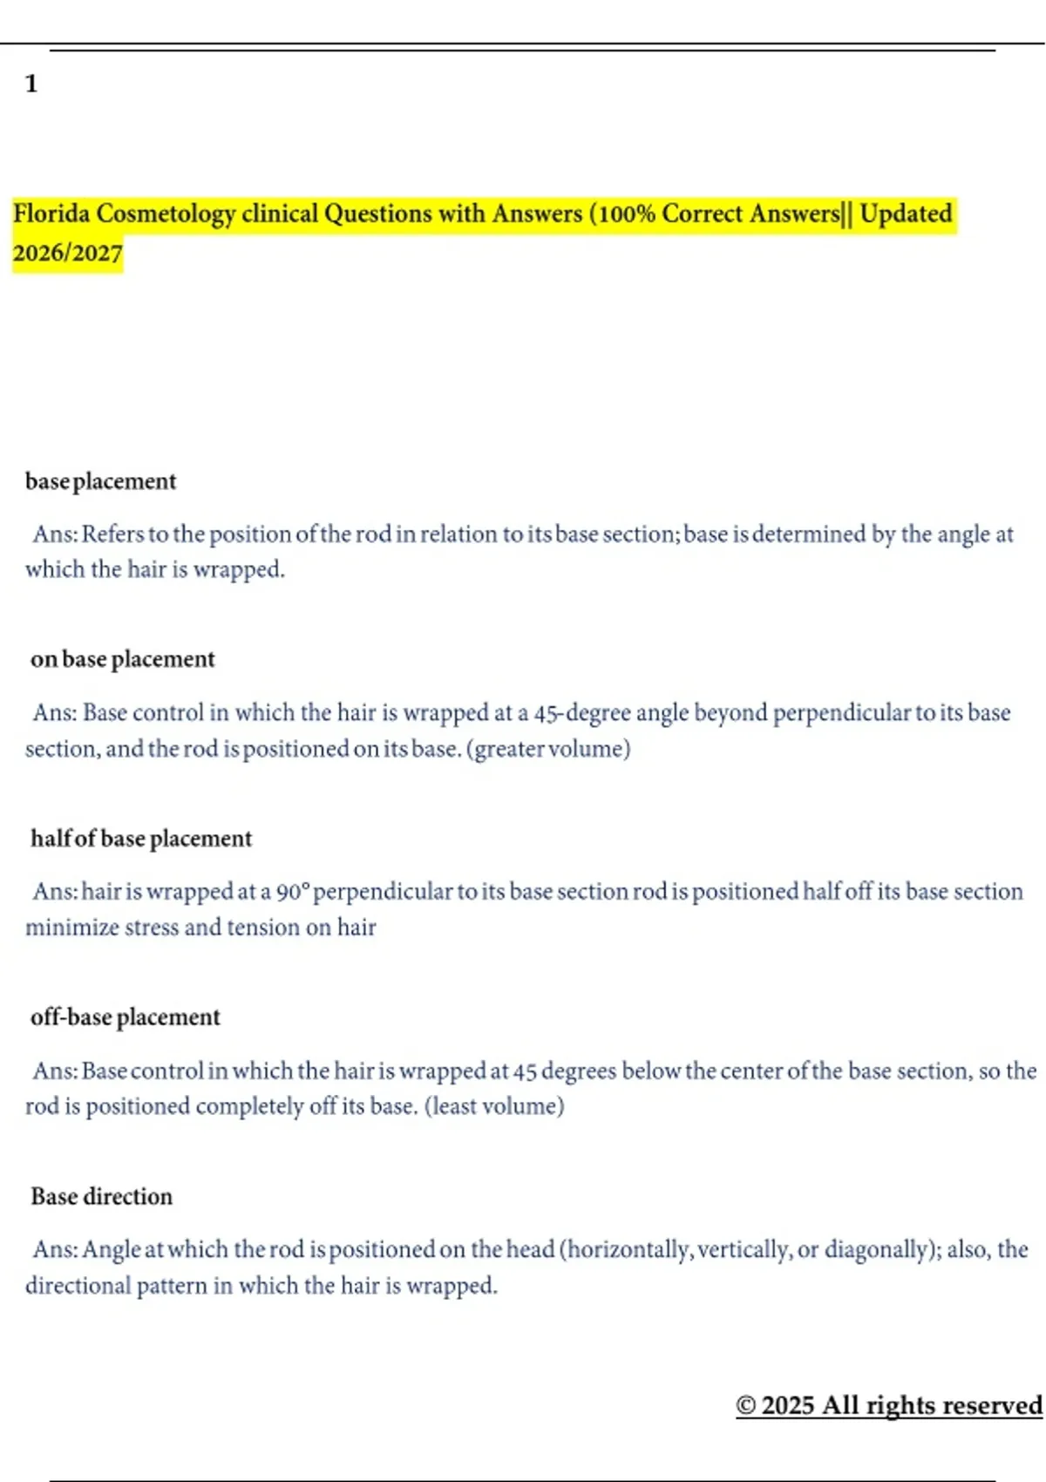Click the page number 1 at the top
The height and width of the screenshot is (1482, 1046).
[x=31, y=84]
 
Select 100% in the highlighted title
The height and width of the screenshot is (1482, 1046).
[x=627, y=214]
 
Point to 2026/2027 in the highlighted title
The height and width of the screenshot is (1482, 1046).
[x=67, y=253]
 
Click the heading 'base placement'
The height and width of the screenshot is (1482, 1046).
[x=100, y=481]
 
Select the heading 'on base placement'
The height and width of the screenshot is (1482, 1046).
[x=122, y=659]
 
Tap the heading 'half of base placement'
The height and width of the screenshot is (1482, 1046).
[x=141, y=839]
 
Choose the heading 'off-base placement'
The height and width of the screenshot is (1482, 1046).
[x=126, y=1017]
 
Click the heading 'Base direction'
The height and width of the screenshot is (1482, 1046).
[x=102, y=1196]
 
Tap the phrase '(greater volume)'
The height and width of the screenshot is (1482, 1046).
[x=548, y=749]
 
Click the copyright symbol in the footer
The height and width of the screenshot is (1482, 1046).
[x=745, y=1405]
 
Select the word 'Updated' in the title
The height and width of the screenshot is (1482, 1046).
[x=906, y=214]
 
